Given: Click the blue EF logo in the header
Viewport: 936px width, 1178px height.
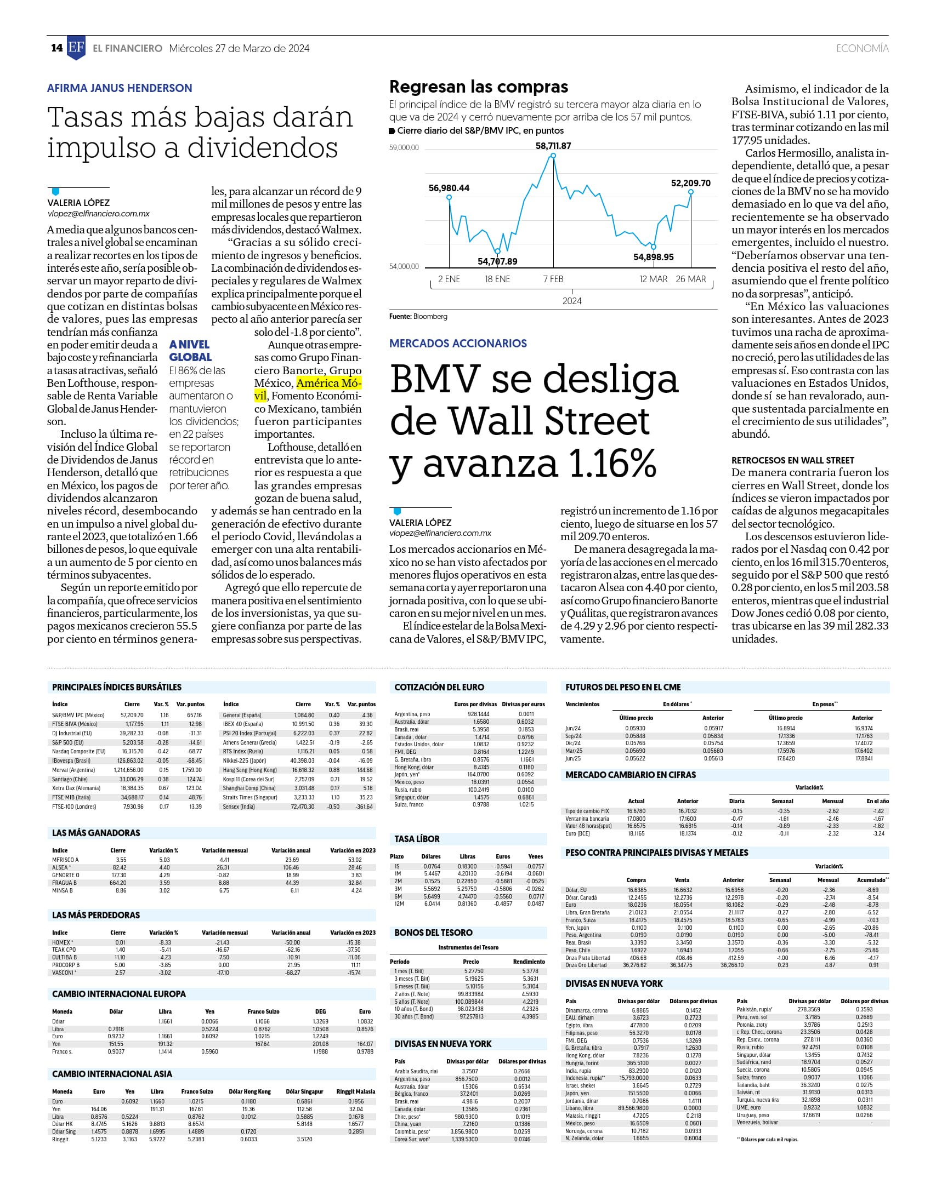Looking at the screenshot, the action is coord(76,48).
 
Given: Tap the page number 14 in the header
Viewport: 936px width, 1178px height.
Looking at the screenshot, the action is coord(57,48).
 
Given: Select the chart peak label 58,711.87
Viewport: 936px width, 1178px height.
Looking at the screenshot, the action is coord(553,146).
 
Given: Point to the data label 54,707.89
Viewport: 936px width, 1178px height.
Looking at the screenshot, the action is coord(497,261).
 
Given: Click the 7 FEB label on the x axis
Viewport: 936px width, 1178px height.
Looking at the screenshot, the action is coord(553,279).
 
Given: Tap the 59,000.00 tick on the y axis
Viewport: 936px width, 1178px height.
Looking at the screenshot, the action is coord(404,147).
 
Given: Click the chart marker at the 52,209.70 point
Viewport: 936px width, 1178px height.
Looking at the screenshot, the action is coord(691,192).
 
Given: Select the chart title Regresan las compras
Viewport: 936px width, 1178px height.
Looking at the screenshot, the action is coord(479,87).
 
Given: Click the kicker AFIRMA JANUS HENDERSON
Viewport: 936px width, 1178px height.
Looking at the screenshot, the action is coord(120,88).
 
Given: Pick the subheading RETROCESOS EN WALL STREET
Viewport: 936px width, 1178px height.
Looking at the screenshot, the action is coord(793,460).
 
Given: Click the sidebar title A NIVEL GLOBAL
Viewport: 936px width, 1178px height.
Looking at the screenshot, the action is coord(190,351).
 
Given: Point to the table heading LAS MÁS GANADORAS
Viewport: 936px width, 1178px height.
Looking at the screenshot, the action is coord(96,833).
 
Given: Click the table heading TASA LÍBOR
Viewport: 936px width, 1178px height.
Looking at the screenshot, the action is coord(417,839).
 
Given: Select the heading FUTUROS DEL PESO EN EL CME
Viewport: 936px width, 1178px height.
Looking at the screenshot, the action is coord(623,687).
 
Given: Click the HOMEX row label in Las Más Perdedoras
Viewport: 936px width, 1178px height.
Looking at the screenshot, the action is coord(61,942).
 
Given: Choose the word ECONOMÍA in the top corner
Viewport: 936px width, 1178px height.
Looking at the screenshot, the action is coord(863,48).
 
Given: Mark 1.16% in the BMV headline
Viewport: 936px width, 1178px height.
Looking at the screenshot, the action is coord(612,464).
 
